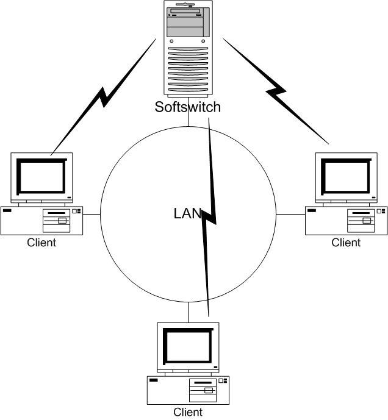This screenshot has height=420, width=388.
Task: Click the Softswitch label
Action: point(187,108)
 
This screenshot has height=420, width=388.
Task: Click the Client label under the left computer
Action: point(41,243)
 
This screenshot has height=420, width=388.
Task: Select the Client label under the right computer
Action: point(346,243)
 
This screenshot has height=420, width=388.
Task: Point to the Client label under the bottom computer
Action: point(188,412)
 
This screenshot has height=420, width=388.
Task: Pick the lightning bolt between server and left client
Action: point(104,95)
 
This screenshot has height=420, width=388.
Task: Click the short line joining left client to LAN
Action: point(92,215)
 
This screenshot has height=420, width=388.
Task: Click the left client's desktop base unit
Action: point(41,220)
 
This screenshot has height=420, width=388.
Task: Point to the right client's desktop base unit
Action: point(346,220)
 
